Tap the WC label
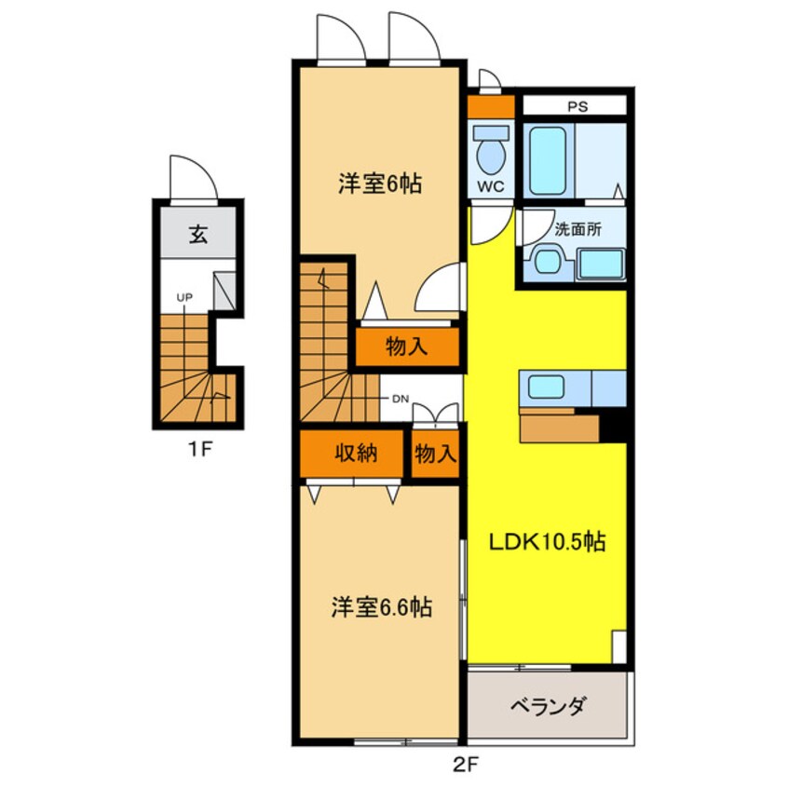coord(490,186)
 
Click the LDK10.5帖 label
coord(548,541)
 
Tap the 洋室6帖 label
coord(379,184)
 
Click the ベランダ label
coord(548,705)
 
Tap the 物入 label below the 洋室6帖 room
coord(407,347)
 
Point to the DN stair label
coord(400,400)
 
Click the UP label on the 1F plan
coord(185,297)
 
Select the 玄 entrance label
coord(197,234)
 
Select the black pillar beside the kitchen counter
coord(613,426)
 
